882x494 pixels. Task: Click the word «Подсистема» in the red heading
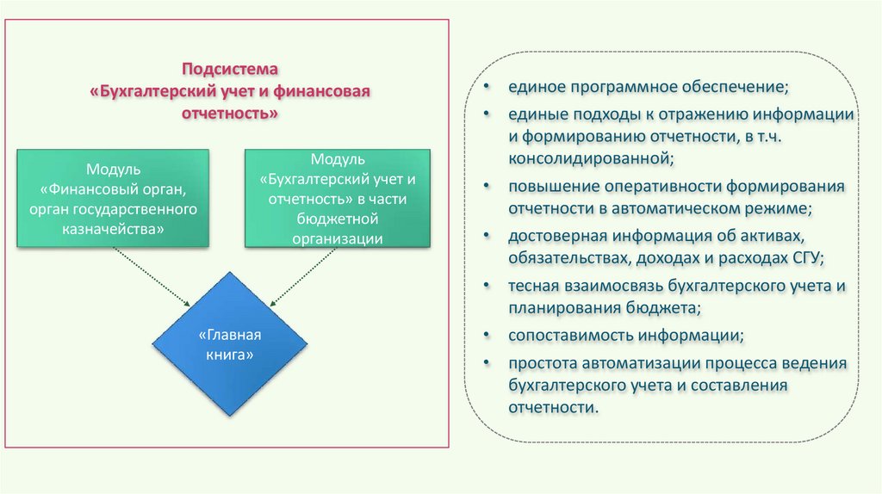click(230, 69)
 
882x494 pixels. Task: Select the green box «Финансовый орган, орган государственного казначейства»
click(113, 198)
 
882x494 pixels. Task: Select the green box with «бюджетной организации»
click(338, 199)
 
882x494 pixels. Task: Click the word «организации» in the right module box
click(337, 238)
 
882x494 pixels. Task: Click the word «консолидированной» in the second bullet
click(590, 158)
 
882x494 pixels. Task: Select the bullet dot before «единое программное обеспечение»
click(488, 88)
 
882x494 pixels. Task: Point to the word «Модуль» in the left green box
click(113, 169)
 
